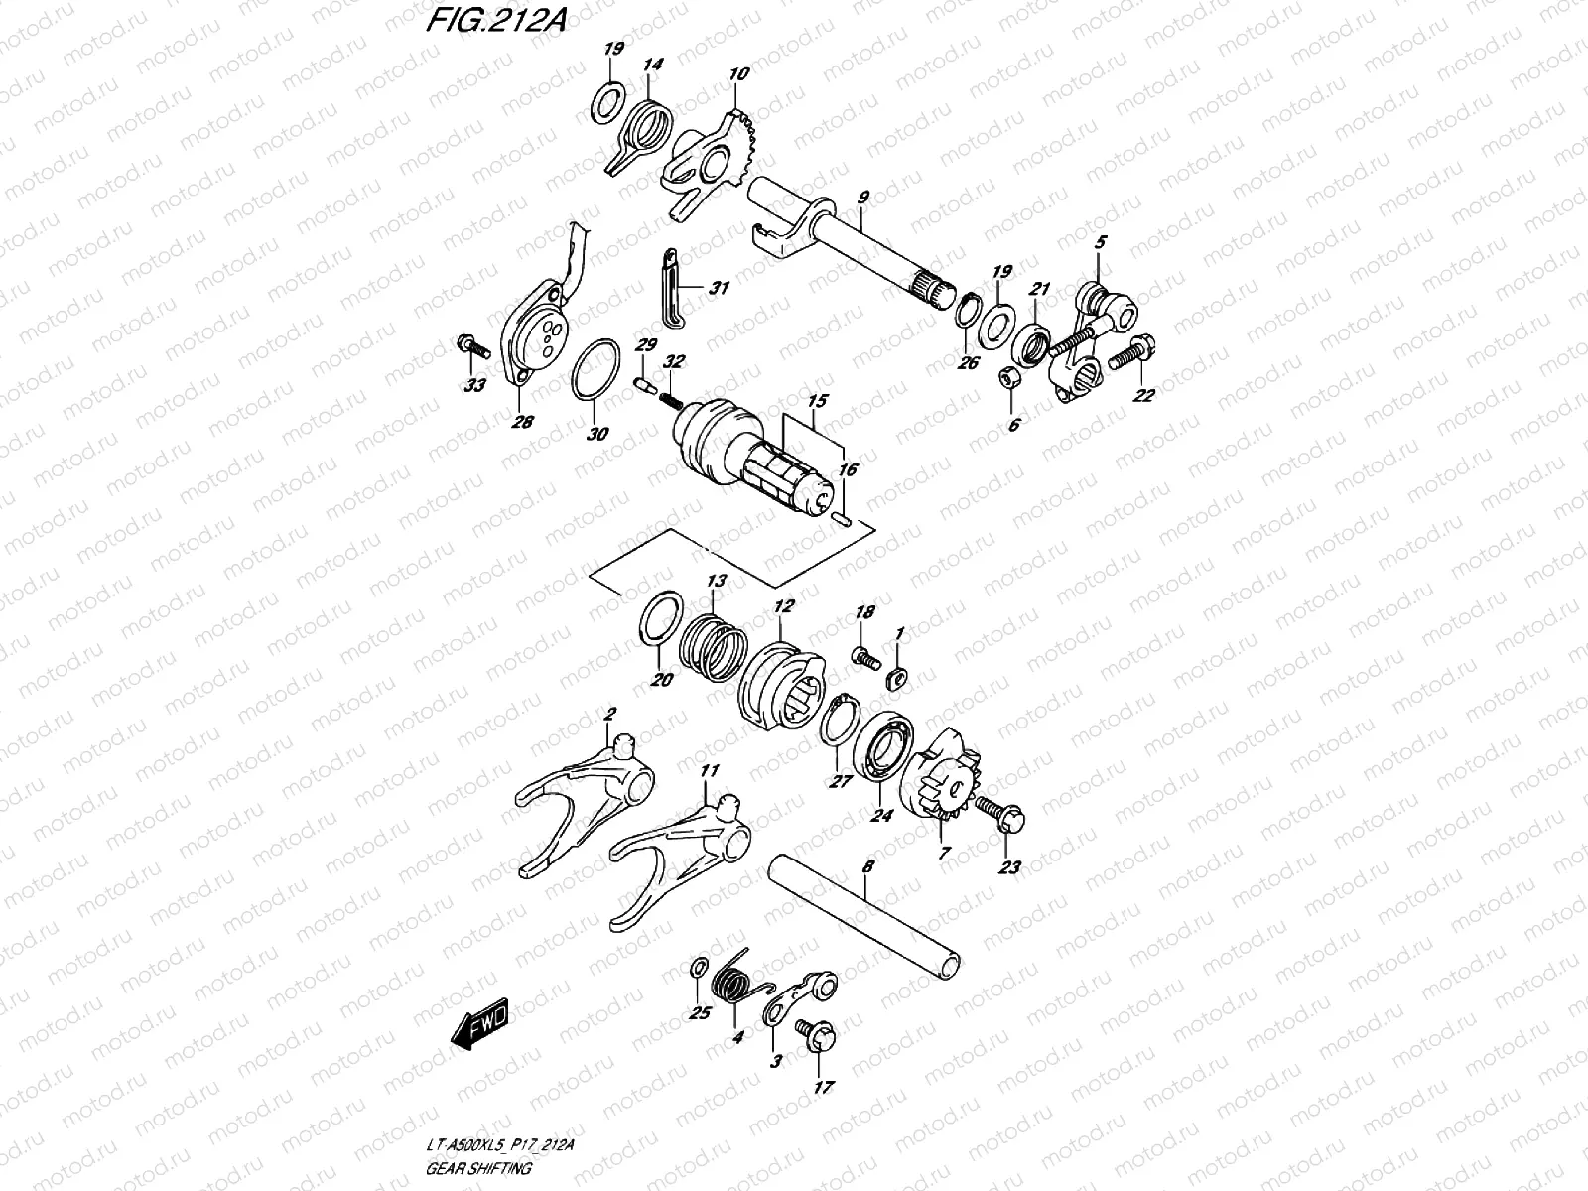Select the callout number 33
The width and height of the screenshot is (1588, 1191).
point(474,385)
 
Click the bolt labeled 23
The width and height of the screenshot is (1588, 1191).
point(997,813)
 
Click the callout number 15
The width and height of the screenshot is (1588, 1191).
point(817,403)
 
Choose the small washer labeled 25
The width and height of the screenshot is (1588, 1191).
point(698,968)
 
